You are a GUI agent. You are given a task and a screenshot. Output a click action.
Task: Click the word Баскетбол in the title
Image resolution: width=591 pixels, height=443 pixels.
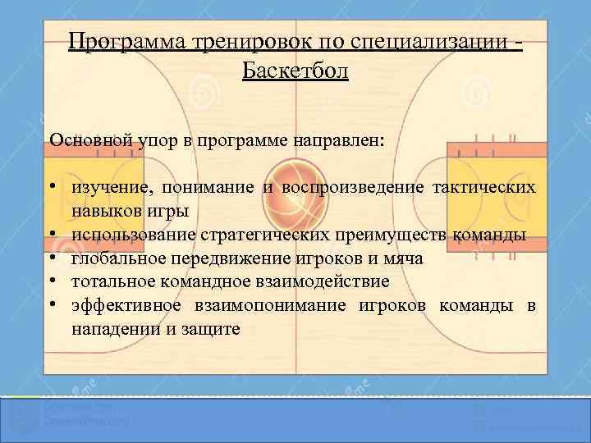[295, 71]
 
